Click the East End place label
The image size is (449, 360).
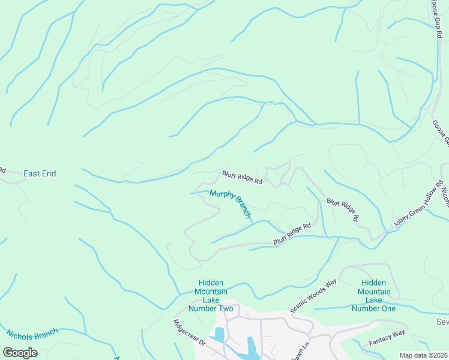click(x=40, y=174)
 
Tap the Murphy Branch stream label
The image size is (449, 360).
click(x=230, y=204)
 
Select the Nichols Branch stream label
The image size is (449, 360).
click(x=32, y=334)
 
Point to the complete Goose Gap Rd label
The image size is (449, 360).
click(x=435, y=19)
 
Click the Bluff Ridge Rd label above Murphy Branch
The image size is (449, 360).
click(x=243, y=177)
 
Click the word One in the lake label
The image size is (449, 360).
click(x=388, y=308)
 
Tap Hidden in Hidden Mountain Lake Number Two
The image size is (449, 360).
click(x=211, y=283)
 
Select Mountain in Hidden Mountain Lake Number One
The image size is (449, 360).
click(x=375, y=292)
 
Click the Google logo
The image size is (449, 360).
click(x=20, y=353)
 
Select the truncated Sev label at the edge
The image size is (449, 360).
click(x=442, y=322)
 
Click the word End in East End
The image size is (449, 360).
click(x=49, y=174)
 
